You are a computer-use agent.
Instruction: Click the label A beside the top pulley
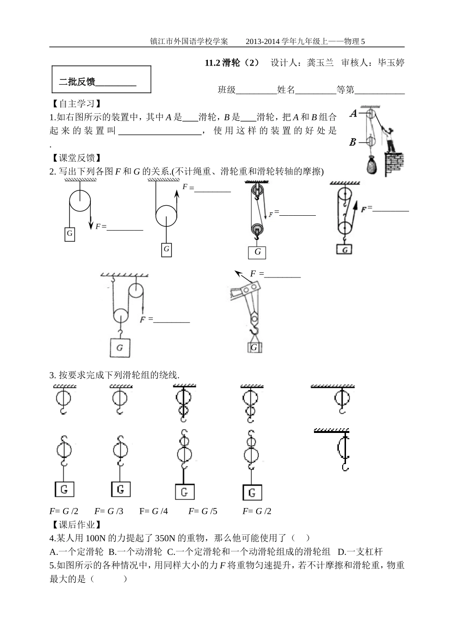pyautogui.click(x=354, y=113)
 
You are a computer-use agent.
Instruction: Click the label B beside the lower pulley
pyautogui.click(x=353, y=142)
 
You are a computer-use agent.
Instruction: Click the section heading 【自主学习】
pyautogui.click(x=75, y=103)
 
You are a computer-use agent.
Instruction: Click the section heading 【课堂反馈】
pyautogui.click(x=75, y=158)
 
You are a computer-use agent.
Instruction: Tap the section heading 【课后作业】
pyautogui.click(x=75, y=525)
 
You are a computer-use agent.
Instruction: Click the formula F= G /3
pyautogui.click(x=108, y=511)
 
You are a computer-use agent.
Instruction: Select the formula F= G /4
pyautogui.click(x=153, y=511)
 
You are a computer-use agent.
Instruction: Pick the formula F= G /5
pyautogui.click(x=203, y=511)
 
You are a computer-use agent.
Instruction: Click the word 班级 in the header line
pyautogui.click(x=227, y=89)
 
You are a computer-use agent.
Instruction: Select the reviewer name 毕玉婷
pyautogui.click(x=391, y=63)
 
